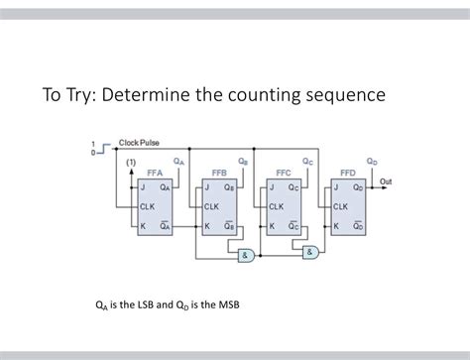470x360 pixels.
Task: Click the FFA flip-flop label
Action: coord(157,173)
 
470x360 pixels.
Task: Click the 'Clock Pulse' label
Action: coord(139,143)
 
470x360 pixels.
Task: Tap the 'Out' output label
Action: coord(387,182)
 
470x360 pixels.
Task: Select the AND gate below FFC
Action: coord(310,251)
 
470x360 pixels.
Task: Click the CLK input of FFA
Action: coord(148,206)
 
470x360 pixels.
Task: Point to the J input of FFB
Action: coord(206,186)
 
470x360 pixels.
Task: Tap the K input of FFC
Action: coord(271,226)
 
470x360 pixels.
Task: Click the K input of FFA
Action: coord(143,226)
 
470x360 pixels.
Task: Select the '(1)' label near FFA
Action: coord(130,162)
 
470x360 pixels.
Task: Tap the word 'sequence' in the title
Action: coord(342,96)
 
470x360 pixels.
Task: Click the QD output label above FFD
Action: coord(372,161)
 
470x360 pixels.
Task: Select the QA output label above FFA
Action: coord(178,161)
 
